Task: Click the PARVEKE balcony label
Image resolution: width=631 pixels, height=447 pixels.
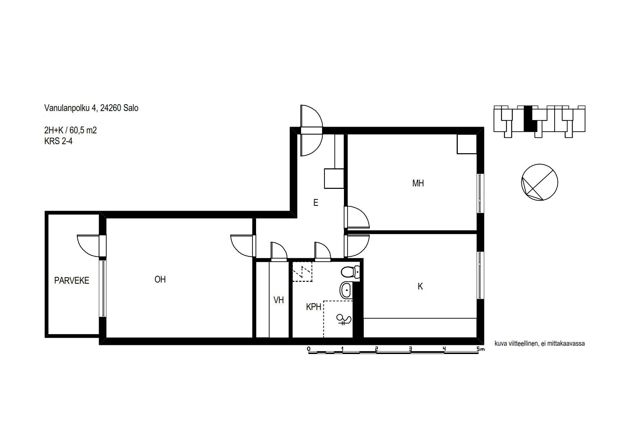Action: (x=72, y=280)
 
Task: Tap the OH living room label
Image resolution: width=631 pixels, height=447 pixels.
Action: (x=160, y=279)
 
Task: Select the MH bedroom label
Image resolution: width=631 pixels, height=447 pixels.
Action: (x=418, y=183)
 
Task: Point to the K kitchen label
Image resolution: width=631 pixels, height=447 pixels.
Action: (x=420, y=287)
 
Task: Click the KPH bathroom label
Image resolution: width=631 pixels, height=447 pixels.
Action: (x=313, y=307)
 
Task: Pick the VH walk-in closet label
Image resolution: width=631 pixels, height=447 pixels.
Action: (x=279, y=300)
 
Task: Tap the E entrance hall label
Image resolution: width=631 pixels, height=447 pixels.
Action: (x=315, y=203)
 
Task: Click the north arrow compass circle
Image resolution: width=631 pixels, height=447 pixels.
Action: (x=540, y=182)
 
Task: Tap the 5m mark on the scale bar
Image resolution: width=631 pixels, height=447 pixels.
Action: (x=480, y=349)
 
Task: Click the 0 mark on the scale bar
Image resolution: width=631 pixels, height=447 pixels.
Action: (x=309, y=349)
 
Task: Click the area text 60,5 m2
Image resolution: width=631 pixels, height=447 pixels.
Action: (x=84, y=130)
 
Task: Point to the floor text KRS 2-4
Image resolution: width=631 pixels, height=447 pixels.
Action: (x=58, y=141)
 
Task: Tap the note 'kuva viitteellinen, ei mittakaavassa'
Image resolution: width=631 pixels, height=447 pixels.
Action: (x=540, y=344)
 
